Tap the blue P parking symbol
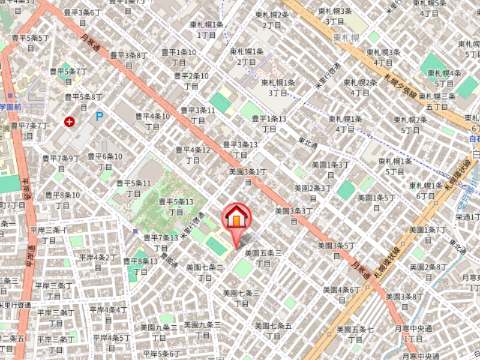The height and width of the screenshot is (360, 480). click(99, 116)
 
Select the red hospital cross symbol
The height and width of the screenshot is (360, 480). click(70, 122)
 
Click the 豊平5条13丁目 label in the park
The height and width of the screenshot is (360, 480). click(176, 207)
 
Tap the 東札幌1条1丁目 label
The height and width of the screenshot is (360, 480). click(207, 30)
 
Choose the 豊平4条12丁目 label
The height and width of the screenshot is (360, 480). click(193, 155)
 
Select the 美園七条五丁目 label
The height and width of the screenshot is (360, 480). click(273, 331)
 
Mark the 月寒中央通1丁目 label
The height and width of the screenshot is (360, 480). click(413, 333)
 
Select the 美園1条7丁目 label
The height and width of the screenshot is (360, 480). click(427, 235)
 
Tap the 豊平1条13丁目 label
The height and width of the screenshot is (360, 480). click(269, 124)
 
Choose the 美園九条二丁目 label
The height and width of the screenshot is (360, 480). click(158, 332)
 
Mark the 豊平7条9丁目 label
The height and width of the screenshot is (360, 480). click(61, 163)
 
